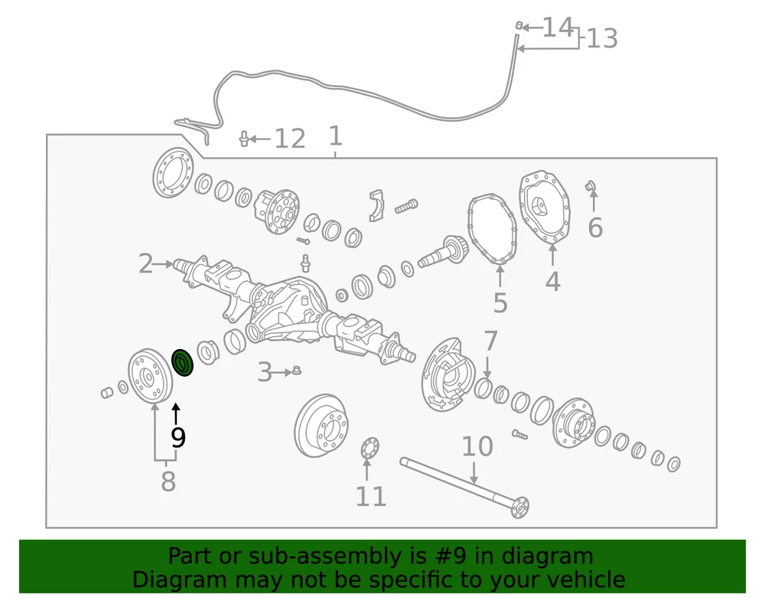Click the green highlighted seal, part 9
pos(183,363)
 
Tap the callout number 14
pos(558,28)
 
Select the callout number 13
pos(602,38)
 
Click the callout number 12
pos(290,139)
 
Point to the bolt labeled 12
pos(244,139)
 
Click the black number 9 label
pos(178,437)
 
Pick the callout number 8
pos(168,482)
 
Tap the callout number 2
pos(145,263)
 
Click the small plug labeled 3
pos(296,371)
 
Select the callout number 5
pos(500,303)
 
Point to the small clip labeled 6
pos(591,185)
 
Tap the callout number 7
pos(490,341)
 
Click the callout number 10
pos(477,446)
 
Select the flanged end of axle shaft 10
pos(520,507)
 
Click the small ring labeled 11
pos(369,448)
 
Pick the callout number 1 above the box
pos(335,136)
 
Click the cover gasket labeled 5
pos(492,229)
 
